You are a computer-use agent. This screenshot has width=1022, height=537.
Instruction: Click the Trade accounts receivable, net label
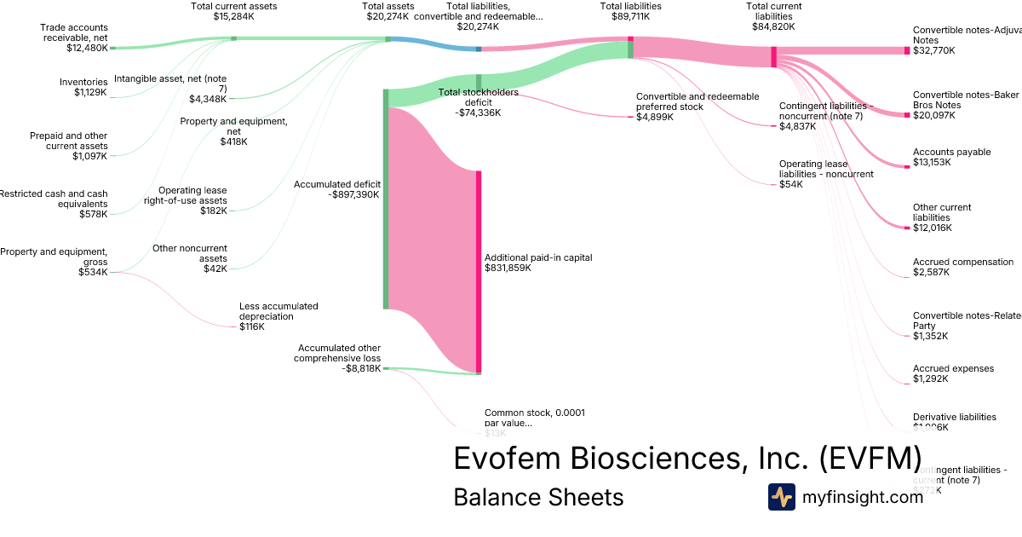click(74, 38)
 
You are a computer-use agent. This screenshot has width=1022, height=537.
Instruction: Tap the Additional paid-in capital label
click(537, 263)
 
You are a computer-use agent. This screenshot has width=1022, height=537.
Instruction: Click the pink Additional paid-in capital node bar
click(479, 271)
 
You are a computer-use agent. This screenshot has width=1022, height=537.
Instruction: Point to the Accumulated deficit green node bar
click(386, 198)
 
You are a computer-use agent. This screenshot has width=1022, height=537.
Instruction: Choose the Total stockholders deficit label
click(478, 102)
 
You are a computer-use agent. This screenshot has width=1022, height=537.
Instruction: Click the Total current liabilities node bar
click(773, 56)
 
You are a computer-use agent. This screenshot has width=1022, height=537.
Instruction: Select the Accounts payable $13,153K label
click(951, 157)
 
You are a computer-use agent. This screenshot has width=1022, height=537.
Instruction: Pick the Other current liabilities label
click(941, 217)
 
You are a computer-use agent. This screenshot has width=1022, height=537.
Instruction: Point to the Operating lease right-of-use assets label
click(192, 199)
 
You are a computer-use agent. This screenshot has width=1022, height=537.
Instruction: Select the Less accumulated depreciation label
click(278, 315)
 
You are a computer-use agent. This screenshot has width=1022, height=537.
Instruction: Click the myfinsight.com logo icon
click(781, 497)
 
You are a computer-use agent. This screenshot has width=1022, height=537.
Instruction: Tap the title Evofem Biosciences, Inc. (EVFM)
click(686, 458)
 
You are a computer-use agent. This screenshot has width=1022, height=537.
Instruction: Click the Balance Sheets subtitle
click(538, 497)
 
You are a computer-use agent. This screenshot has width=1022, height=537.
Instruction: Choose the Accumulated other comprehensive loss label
click(339, 358)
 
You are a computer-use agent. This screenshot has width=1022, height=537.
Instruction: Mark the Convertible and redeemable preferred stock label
click(697, 107)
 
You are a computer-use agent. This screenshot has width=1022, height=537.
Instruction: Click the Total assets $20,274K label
click(388, 11)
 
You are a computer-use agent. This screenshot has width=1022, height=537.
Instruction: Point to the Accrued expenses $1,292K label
click(953, 373)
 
